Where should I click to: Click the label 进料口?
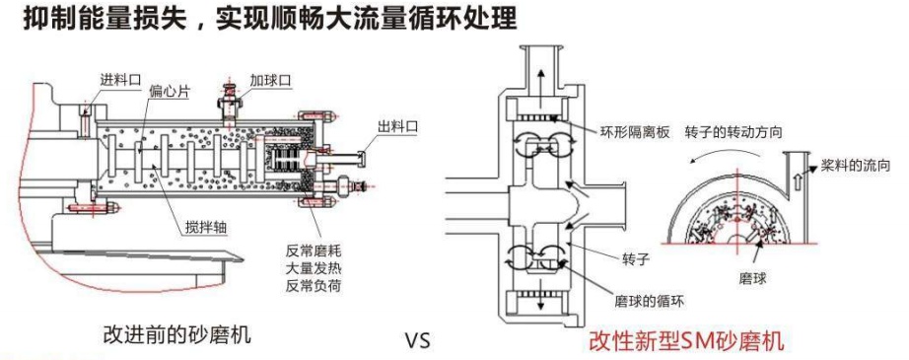[120, 80]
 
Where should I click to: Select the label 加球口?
[270, 80]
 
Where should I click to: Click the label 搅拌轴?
[202, 228]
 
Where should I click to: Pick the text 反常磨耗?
[314, 252]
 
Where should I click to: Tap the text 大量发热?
[314, 268]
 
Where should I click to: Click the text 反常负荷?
[314, 285]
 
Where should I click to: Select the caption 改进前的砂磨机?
[177, 335]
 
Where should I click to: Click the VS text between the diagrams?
[417, 341]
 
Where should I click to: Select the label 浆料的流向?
[855, 166]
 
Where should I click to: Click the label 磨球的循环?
[650, 301]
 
